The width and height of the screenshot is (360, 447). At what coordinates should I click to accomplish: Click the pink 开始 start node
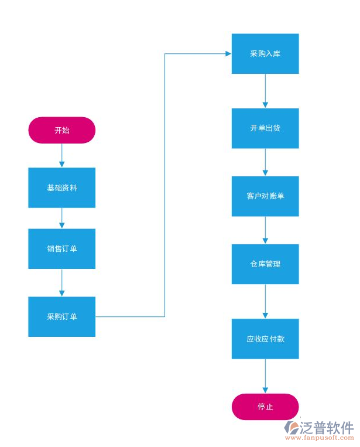pyautogui.click(x=61, y=130)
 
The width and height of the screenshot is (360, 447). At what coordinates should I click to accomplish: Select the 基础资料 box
pyautogui.click(x=61, y=187)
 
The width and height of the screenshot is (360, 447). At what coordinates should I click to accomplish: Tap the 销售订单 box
pyautogui.click(x=61, y=248)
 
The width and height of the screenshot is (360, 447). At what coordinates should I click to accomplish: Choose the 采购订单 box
pyautogui.click(x=61, y=316)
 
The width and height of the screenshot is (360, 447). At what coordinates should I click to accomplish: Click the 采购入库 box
pyautogui.click(x=265, y=53)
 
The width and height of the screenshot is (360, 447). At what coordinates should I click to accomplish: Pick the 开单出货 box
pyautogui.click(x=265, y=128)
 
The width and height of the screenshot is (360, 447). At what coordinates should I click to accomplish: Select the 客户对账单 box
pyautogui.click(x=265, y=196)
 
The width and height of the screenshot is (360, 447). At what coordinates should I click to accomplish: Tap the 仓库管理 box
pyautogui.click(x=265, y=264)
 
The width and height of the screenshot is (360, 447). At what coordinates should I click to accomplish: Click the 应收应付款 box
pyautogui.click(x=265, y=339)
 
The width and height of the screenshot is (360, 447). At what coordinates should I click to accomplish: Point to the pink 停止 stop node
pyautogui.click(x=265, y=407)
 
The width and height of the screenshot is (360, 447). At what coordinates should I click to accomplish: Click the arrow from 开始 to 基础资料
pyautogui.click(x=61, y=155)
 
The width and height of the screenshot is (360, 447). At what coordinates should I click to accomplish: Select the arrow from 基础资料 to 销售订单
pyautogui.click(x=61, y=218)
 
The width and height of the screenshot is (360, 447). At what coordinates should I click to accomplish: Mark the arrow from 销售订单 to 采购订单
pyautogui.click(x=61, y=282)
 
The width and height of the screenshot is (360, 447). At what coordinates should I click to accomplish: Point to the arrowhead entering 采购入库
pyautogui.click(x=228, y=53)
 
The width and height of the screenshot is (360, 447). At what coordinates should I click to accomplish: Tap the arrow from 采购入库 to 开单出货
pyautogui.click(x=265, y=91)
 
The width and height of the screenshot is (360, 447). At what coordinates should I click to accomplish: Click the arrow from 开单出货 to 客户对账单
pyautogui.click(x=265, y=162)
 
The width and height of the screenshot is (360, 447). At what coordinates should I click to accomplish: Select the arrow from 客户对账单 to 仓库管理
pyautogui.click(x=265, y=230)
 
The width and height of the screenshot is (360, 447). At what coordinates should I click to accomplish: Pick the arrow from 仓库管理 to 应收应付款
pyautogui.click(x=265, y=301)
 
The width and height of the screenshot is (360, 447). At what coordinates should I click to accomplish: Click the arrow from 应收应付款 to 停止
pyautogui.click(x=265, y=376)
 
